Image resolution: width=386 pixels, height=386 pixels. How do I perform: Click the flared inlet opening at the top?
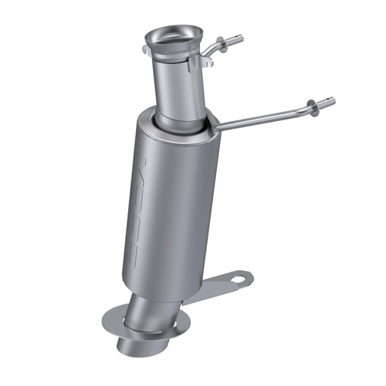tap(174, 36)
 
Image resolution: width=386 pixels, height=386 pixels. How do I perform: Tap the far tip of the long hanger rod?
tap(332, 100)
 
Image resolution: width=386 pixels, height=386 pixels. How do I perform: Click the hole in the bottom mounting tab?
tap(236, 276)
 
